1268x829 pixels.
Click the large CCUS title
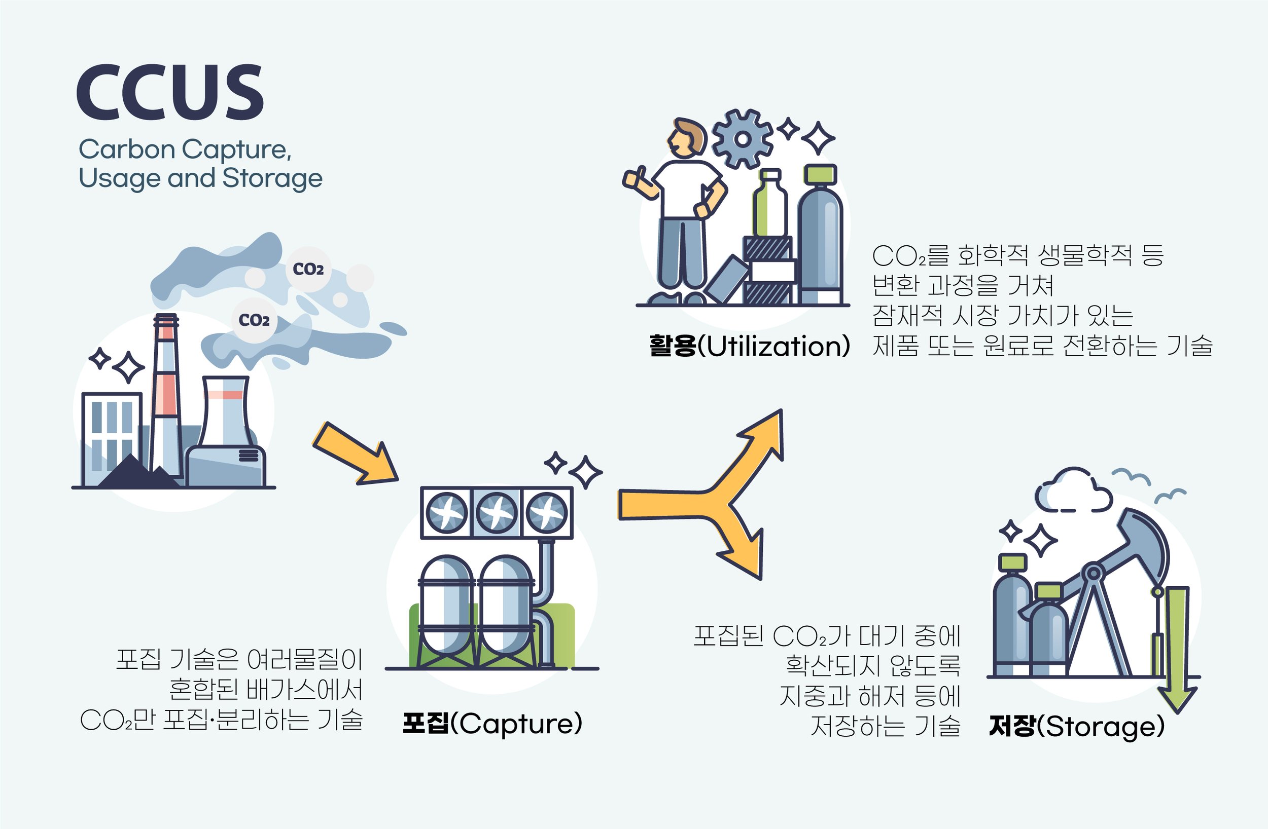[170, 93]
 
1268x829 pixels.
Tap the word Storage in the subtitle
[272, 178]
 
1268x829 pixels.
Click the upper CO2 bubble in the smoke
[308, 269]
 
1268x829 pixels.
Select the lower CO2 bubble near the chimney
[254, 320]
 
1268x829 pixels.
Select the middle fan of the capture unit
[497, 512]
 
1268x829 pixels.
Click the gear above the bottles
[742, 139]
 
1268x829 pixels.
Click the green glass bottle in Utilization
[770, 205]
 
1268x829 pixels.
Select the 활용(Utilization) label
[749, 346]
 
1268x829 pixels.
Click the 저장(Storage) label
[1076, 726]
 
